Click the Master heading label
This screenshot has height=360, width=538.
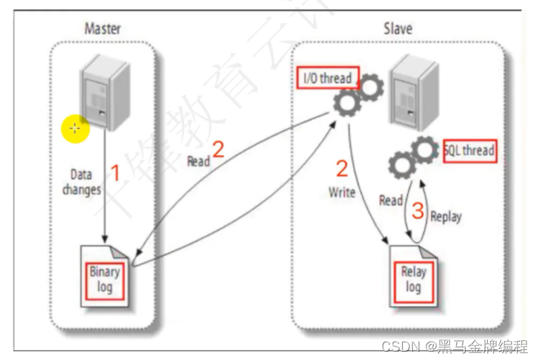point(102,29)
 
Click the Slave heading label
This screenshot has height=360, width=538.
point(398,29)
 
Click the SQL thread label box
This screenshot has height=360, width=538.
point(469,150)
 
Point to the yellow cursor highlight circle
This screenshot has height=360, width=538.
point(75,129)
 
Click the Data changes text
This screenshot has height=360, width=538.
point(81,182)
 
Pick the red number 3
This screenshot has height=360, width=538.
point(417,211)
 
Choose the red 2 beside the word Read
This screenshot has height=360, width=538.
point(218,149)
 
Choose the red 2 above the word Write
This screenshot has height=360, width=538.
point(342,169)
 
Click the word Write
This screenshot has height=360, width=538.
point(341,191)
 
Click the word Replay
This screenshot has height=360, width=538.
point(446,217)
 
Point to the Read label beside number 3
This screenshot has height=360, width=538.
point(391,201)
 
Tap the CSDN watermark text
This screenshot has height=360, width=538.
point(454,346)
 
